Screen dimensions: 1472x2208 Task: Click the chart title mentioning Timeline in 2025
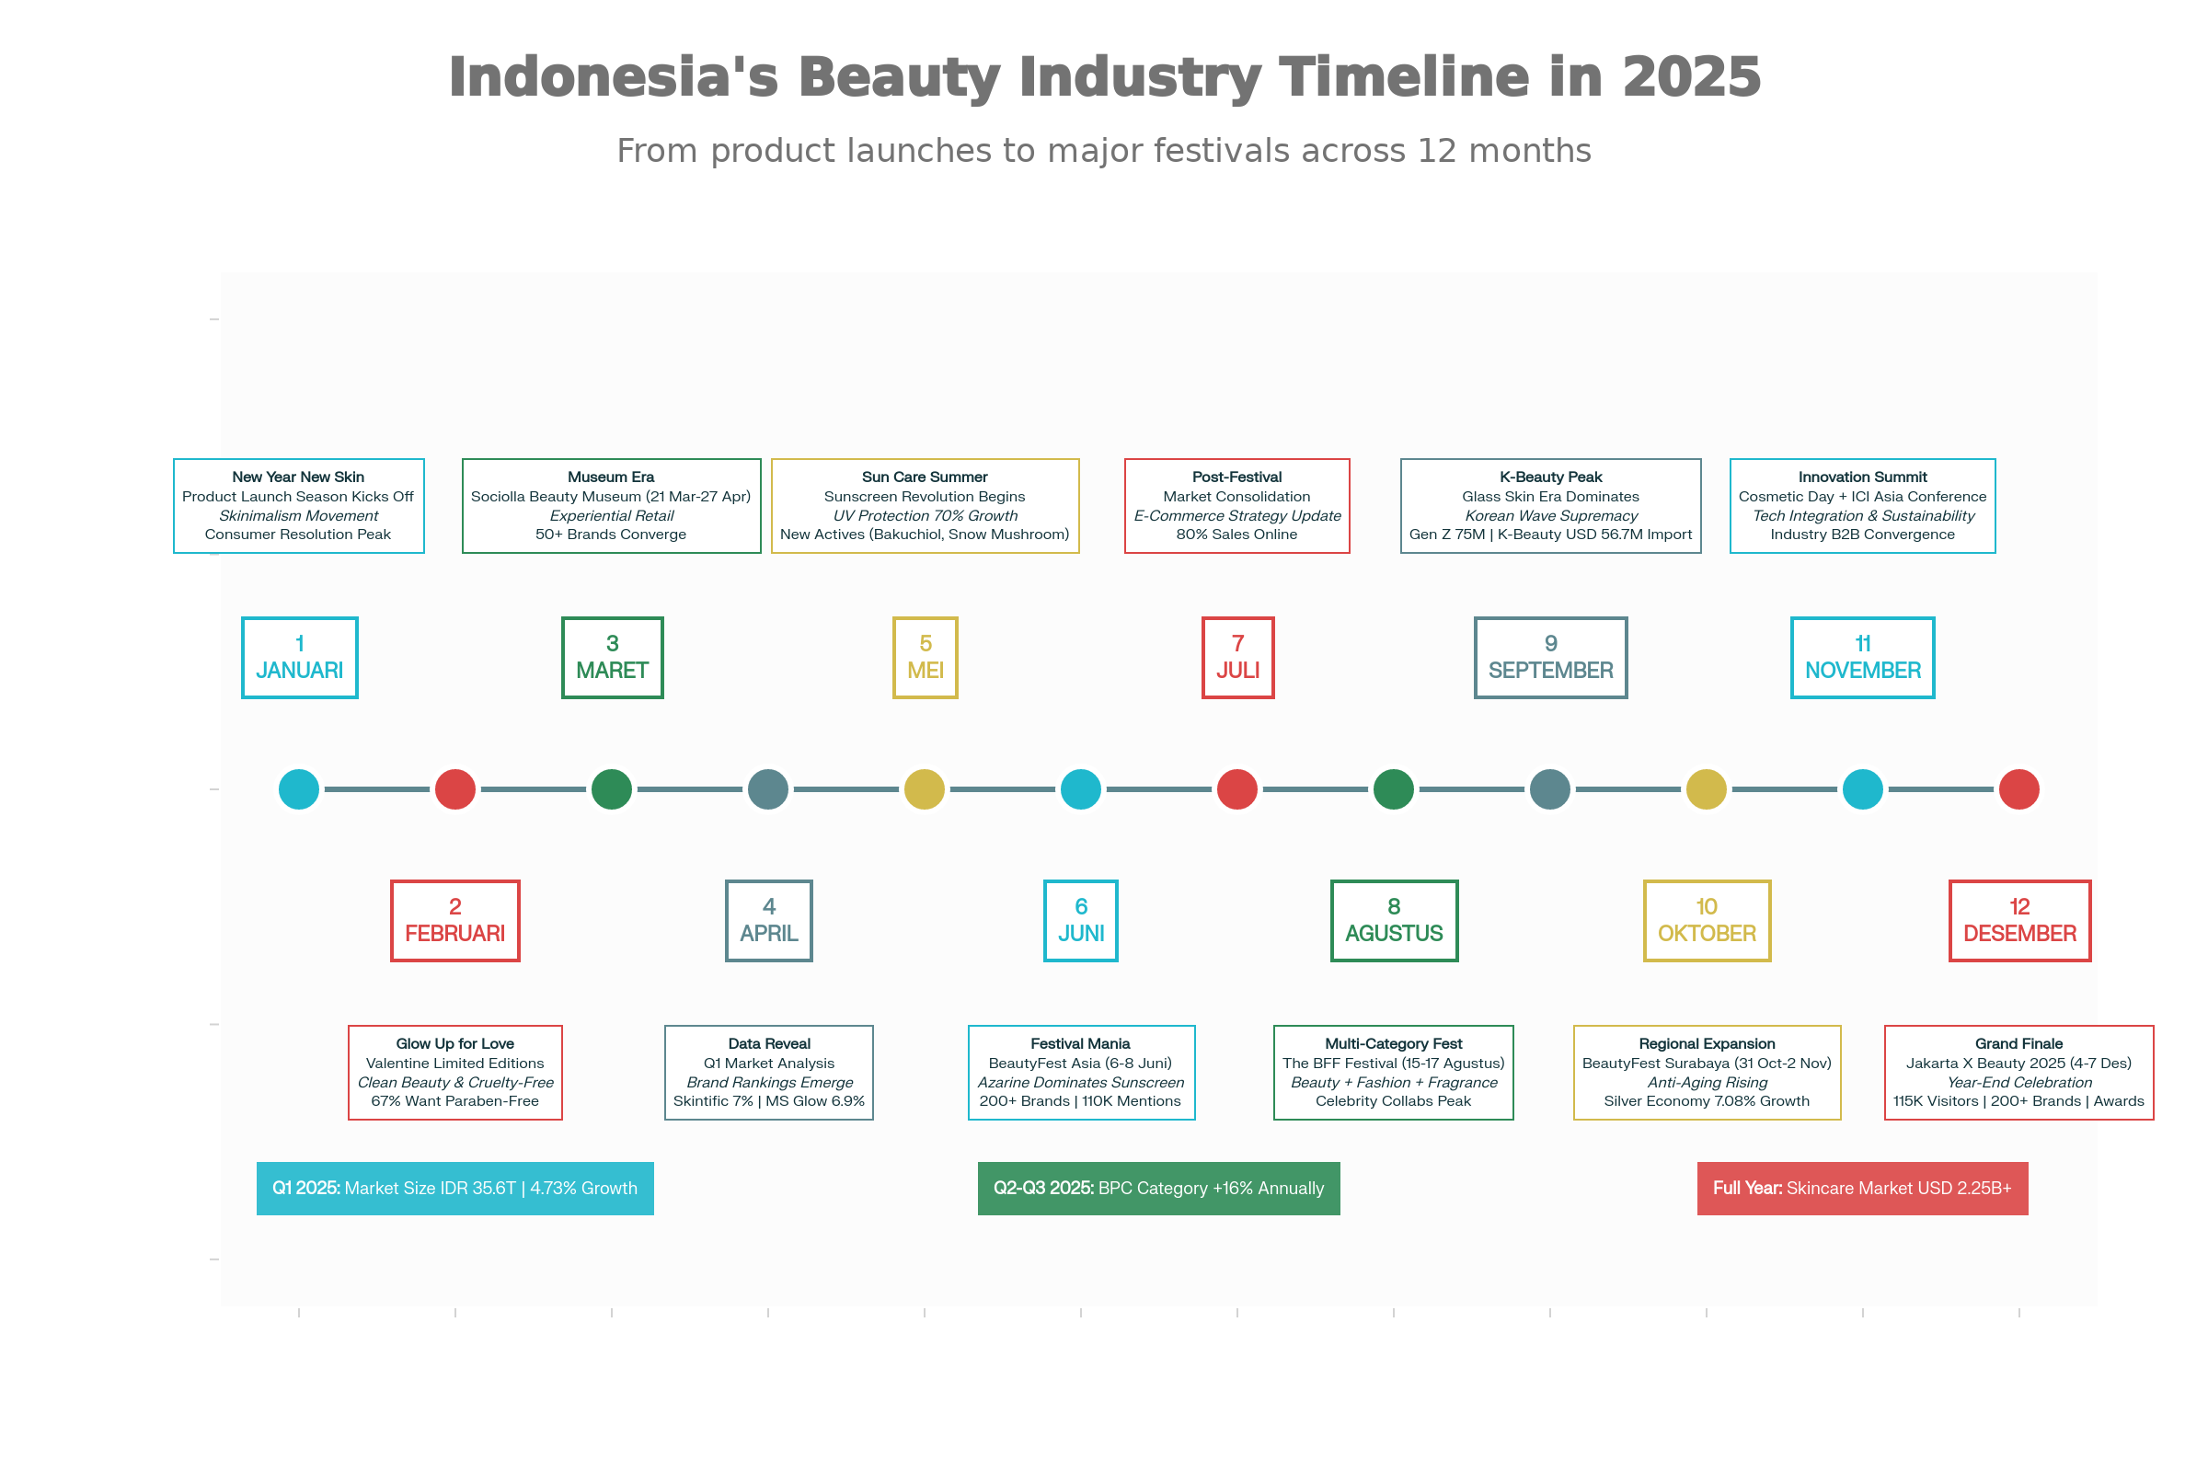click(1104, 77)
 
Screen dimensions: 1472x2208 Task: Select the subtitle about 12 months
click(1104, 151)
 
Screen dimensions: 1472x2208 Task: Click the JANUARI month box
click(300, 657)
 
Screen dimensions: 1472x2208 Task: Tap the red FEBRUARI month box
click(455, 920)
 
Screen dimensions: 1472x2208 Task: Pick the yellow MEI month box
click(925, 657)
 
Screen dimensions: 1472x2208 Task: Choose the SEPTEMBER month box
click(1550, 657)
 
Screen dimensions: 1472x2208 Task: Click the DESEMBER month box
click(2019, 920)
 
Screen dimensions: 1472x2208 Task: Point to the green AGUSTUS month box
click(1394, 920)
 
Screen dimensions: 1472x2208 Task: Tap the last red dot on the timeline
click(2019, 788)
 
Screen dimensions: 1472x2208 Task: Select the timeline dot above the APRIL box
click(768, 788)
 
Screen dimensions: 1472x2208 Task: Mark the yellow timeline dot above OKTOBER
click(1707, 788)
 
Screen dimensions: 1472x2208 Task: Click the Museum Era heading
click(611, 477)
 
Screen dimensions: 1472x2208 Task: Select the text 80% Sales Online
click(1236, 535)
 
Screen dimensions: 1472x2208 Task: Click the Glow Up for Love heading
click(455, 1043)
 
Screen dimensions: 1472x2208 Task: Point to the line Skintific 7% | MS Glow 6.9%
click(769, 1100)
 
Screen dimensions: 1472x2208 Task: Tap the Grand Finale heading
click(2018, 1043)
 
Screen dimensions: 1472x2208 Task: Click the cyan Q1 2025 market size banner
click(455, 1188)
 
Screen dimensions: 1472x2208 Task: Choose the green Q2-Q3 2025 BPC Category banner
click(1158, 1188)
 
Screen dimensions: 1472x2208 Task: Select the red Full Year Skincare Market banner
click(1862, 1188)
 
